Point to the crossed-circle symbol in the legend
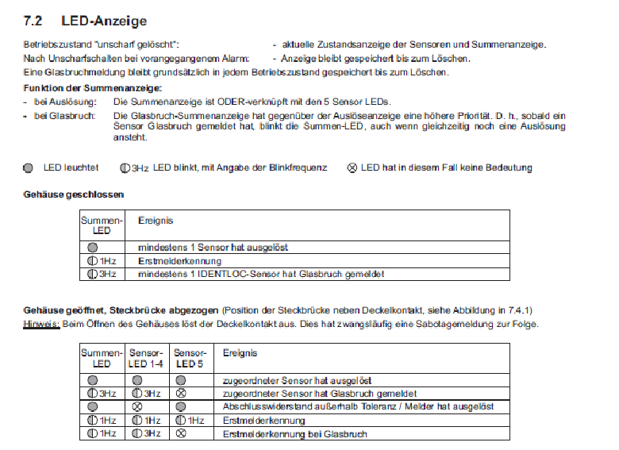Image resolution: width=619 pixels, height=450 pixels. (x=352, y=168)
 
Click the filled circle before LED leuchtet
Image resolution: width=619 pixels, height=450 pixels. (x=29, y=168)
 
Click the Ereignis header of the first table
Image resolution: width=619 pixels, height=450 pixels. (x=156, y=221)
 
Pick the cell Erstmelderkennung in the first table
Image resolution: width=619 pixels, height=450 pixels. (x=179, y=260)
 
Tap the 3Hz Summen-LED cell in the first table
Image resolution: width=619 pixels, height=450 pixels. (x=102, y=274)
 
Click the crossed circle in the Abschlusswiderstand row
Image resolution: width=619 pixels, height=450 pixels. (x=138, y=406)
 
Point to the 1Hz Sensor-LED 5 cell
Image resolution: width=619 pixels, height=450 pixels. (x=190, y=420)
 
